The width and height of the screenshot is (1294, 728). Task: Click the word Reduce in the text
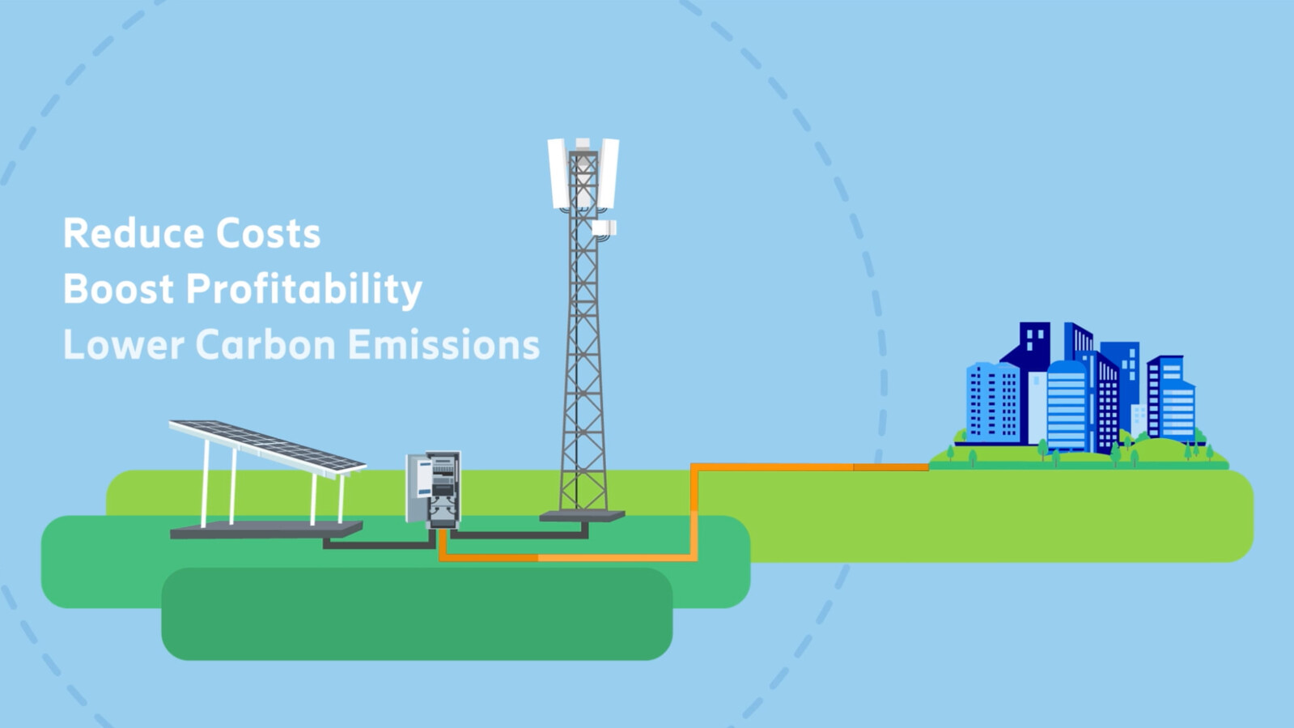point(134,233)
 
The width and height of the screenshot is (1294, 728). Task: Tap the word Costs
point(268,233)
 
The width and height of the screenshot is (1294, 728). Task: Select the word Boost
point(118,288)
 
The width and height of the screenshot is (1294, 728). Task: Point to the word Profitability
point(303,290)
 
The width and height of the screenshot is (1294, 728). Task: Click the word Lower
point(123,344)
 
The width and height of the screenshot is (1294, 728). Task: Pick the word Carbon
point(265,344)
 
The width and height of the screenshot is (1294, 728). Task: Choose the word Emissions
point(443,344)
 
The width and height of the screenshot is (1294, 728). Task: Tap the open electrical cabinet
point(433,490)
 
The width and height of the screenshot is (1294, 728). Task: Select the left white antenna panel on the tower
point(558,173)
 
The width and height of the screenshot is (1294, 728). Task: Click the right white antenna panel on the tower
point(608,173)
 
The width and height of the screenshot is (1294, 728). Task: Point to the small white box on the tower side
point(604,228)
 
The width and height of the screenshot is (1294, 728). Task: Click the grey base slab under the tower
point(583,517)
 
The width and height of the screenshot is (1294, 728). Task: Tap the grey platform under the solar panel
point(266,530)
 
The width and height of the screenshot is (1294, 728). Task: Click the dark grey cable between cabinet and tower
point(520,535)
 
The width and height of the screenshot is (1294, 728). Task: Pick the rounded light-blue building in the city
point(1067,405)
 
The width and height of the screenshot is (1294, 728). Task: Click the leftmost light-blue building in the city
point(993,403)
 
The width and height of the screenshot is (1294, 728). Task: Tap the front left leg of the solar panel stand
point(205,483)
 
